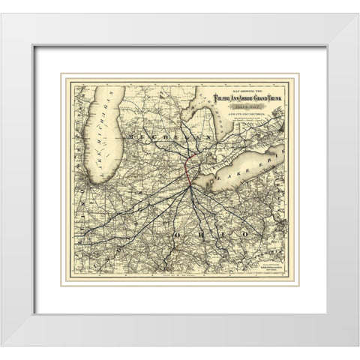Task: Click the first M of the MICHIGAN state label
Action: pyautogui.click(x=133, y=138)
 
